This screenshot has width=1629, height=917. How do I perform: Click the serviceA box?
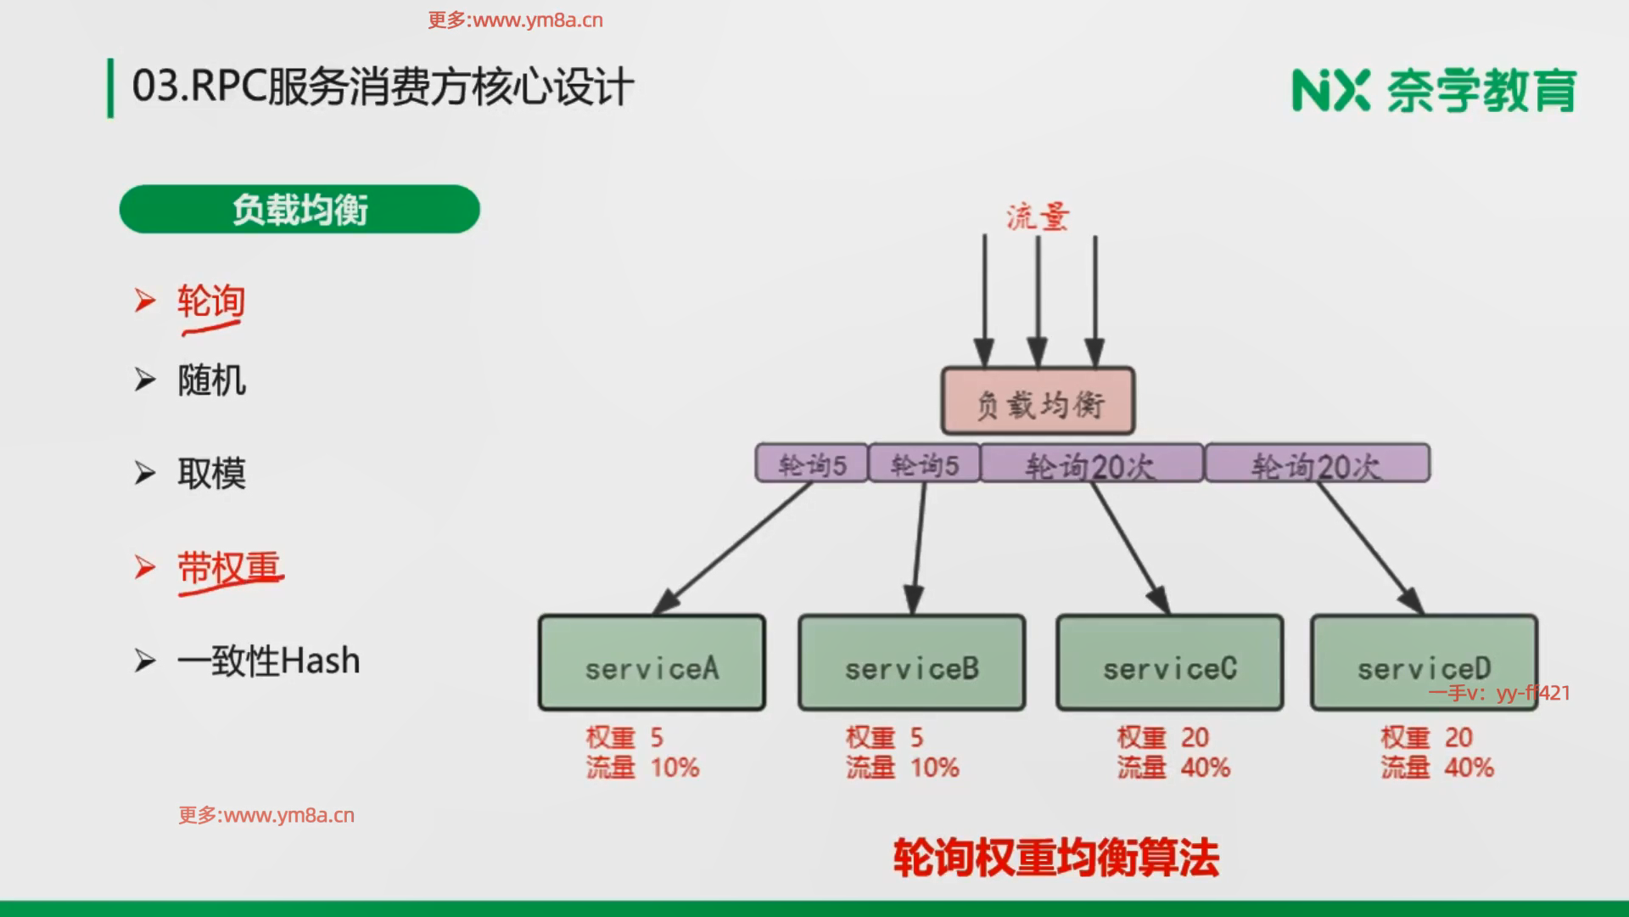coord(652,663)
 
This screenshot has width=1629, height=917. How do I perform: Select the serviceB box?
coord(911,663)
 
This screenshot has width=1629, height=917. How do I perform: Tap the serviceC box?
coord(1169,663)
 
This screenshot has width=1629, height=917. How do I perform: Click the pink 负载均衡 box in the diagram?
coord(1038,402)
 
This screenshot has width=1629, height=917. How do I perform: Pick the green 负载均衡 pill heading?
coord(299,209)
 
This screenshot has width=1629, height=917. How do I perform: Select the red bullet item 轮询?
coord(211,301)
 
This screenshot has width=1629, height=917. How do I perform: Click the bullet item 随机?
coord(211,380)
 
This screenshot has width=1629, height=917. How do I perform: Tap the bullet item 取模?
coord(211,473)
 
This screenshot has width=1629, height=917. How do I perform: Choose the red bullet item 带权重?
coord(228,567)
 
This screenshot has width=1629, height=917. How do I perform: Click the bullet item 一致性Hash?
coord(268,661)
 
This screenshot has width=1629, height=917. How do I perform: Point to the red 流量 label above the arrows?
coord(1038,217)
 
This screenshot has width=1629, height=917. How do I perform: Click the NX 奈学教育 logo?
coord(1434,90)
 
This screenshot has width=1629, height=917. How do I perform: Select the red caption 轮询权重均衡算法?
coord(1056,858)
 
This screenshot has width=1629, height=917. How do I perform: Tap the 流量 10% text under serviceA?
coord(642,768)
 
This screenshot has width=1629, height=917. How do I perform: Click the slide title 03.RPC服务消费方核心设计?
coord(383,87)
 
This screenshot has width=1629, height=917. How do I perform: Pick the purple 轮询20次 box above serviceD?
coord(1317,464)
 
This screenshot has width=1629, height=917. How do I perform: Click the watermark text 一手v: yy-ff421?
coord(1499,693)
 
